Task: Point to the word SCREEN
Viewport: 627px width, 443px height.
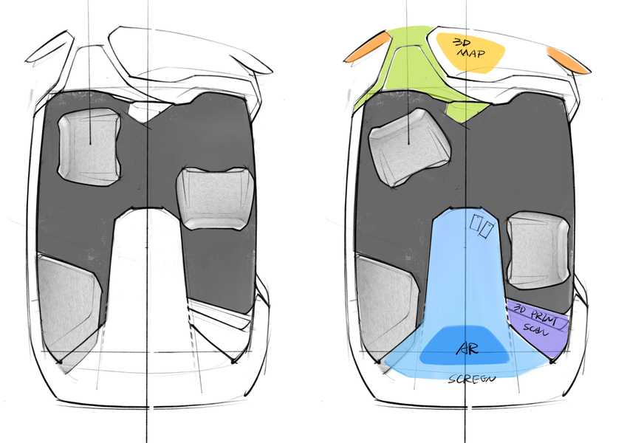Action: pos(471,379)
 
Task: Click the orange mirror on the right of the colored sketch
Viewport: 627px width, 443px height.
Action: pos(568,60)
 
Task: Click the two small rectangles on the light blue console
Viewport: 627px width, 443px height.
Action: pos(482,226)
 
